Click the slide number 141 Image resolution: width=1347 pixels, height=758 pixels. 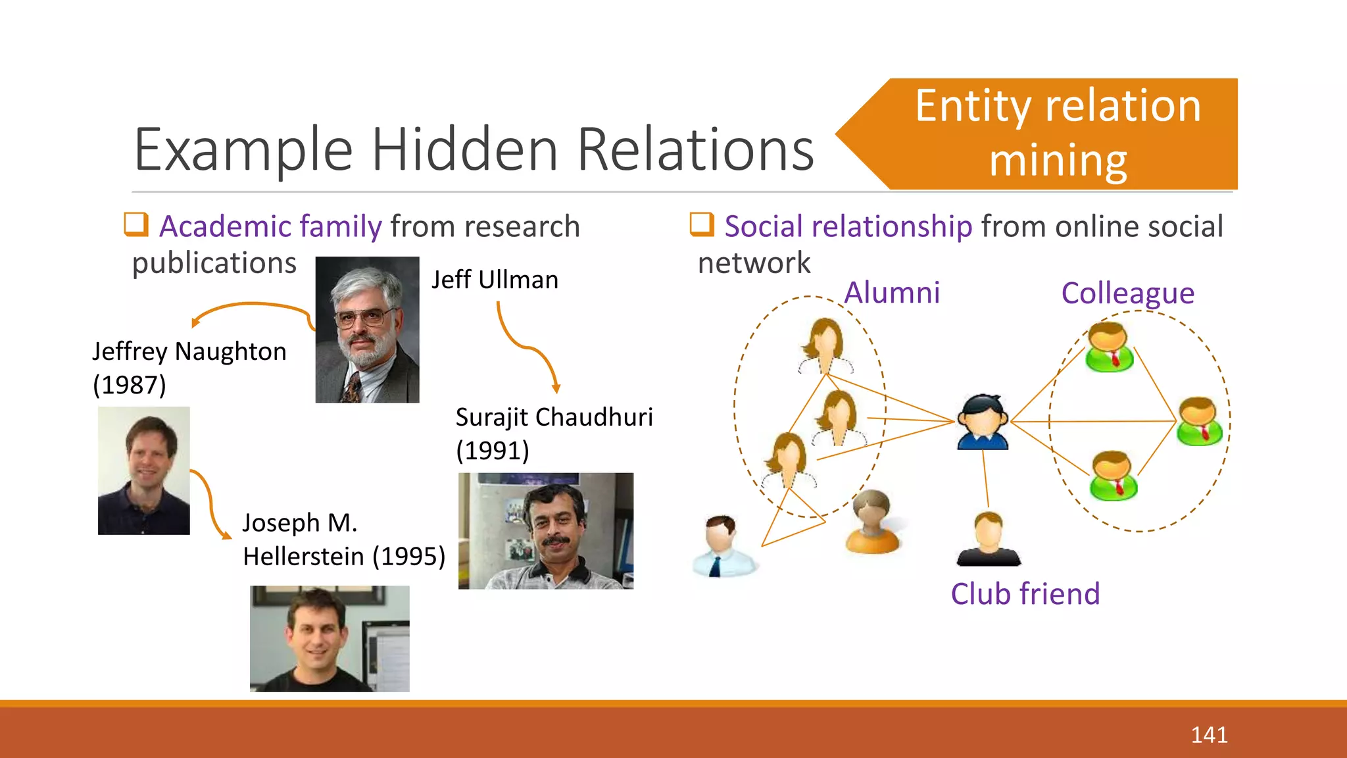pos(1209,734)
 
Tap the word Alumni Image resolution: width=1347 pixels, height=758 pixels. pos(892,293)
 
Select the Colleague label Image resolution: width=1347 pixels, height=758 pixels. pos(1127,293)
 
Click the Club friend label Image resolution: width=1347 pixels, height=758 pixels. pos(1025,594)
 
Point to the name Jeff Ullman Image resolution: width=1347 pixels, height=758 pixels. pos(495,280)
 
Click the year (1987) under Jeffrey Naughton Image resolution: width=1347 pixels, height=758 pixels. pos(130,385)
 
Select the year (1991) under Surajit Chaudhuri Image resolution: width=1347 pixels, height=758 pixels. pos(493,451)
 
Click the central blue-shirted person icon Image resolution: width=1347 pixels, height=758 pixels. pos(983,422)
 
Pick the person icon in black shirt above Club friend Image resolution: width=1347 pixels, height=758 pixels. pos(989,540)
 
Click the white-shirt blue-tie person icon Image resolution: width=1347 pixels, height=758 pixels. pos(723,546)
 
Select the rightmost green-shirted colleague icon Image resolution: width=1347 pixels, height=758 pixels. pos(1199,422)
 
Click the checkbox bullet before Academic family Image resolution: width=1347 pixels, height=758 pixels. pos(136,224)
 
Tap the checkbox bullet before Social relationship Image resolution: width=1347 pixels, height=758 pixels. pos(702,224)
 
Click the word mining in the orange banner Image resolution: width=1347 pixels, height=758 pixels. pos(1058,161)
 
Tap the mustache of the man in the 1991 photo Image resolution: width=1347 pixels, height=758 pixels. pos(556,541)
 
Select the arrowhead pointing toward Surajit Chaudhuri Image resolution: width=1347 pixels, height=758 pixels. pos(556,389)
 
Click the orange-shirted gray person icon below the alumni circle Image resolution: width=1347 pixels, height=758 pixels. pos(872,522)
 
